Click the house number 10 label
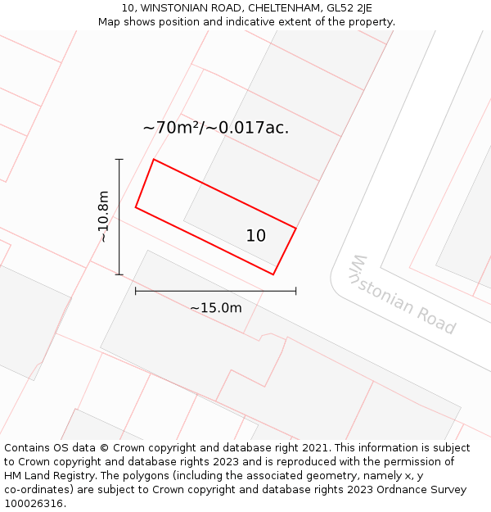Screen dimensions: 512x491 tap(256, 236)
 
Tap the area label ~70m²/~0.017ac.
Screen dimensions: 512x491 tap(216, 128)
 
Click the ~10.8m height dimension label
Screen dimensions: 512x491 tap(103, 216)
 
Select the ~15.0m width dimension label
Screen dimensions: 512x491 tap(216, 308)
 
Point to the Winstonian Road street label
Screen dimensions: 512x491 tap(402, 295)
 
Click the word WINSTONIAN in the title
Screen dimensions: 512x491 tap(173, 8)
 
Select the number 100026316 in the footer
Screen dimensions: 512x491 tap(34, 504)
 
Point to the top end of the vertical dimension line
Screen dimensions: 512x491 tap(119, 159)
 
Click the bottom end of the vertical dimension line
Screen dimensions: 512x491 tap(119, 274)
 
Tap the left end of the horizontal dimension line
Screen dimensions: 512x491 tap(136, 291)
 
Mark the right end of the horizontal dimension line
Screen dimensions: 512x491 tap(295, 291)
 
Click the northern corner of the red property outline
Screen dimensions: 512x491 tap(154, 160)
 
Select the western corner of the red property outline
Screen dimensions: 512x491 tap(136, 207)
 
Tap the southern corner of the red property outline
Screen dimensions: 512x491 tap(273, 274)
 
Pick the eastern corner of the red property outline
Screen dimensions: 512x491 tap(295, 228)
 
